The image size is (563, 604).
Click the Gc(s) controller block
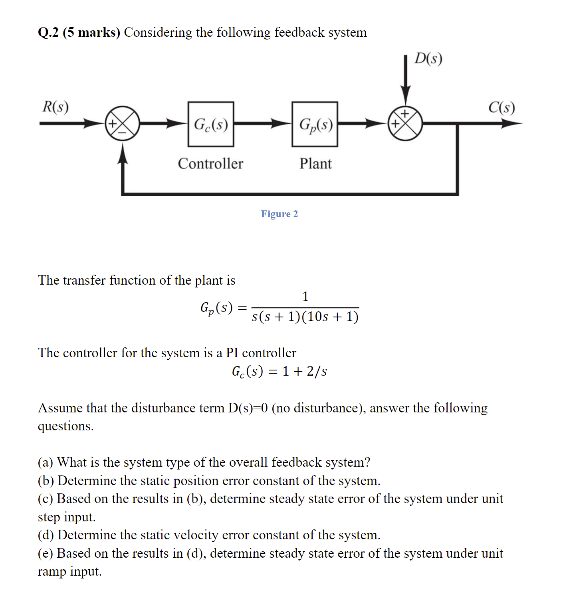click(211, 124)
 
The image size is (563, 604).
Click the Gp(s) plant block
click(315, 124)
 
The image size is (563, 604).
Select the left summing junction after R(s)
click(122, 123)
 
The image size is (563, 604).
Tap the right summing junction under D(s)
click(405, 123)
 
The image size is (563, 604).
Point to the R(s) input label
click(56, 107)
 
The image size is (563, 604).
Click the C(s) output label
click(502, 107)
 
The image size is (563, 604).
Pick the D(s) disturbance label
click(428, 59)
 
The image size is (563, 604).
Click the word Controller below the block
click(210, 164)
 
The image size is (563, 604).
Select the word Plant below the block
click(315, 164)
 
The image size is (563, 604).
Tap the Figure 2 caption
click(279, 214)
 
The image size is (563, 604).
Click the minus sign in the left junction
click(123, 132)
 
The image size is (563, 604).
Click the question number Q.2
click(48, 32)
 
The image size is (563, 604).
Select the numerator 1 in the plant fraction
click(305, 296)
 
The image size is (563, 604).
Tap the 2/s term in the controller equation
click(317, 371)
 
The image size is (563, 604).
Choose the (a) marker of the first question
click(45, 462)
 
